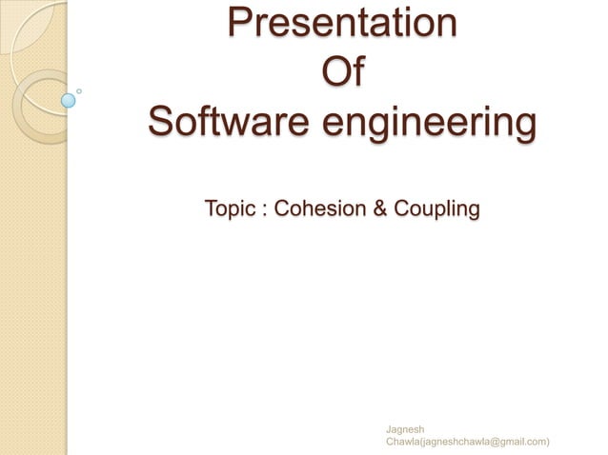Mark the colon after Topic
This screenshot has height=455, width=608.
[x=262, y=208]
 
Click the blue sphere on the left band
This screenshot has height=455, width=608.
[x=68, y=98]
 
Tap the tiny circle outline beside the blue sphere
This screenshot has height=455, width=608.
[x=79, y=91]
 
